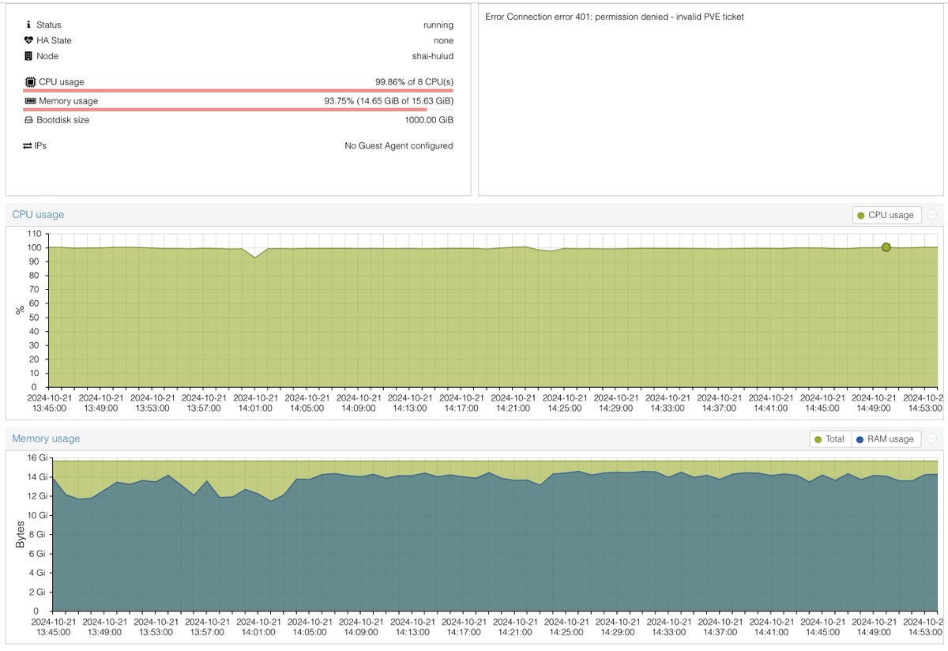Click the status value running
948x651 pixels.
pyautogui.click(x=438, y=24)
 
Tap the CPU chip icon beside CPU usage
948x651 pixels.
pyautogui.click(x=30, y=82)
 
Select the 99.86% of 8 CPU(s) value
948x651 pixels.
pyautogui.click(x=414, y=82)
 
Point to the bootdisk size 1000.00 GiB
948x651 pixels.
pyautogui.click(x=429, y=120)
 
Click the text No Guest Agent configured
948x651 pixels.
pyautogui.click(x=399, y=145)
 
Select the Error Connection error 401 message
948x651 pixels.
pyautogui.click(x=615, y=17)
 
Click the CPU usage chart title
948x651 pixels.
pyautogui.click(x=38, y=214)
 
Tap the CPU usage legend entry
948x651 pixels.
pyautogui.click(x=886, y=215)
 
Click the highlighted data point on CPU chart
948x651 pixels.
pyautogui.click(x=886, y=247)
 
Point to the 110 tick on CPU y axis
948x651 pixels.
pyautogui.click(x=33, y=234)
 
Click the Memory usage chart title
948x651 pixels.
pyautogui.click(x=46, y=438)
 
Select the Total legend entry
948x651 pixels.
pyautogui.click(x=829, y=439)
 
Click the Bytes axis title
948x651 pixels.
pyautogui.click(x=20, y=534)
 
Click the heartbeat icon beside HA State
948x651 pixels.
pyautogui.click(x=29, y=40)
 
